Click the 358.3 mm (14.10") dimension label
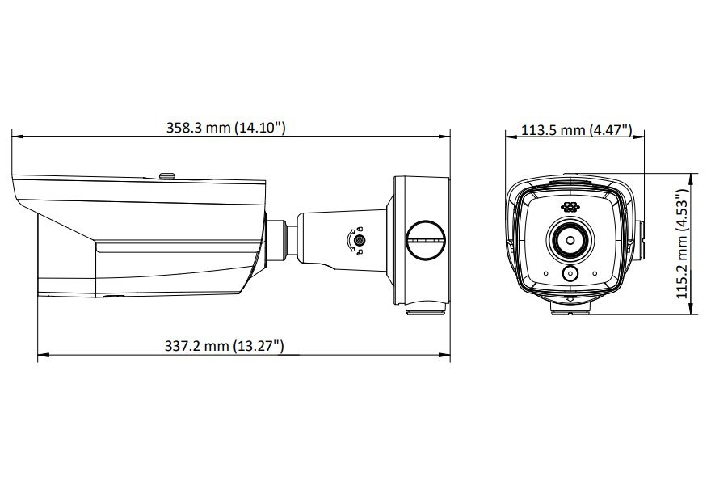coord(225,128)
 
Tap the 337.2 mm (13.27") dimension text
coord(224,346)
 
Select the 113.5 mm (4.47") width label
coord(576,130)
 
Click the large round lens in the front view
coord(570,238)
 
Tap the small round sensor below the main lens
coord(570,273)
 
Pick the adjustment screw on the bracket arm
coord(359,239)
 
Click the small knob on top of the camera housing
coord(169,175)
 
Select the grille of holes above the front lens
coord(570,207)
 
